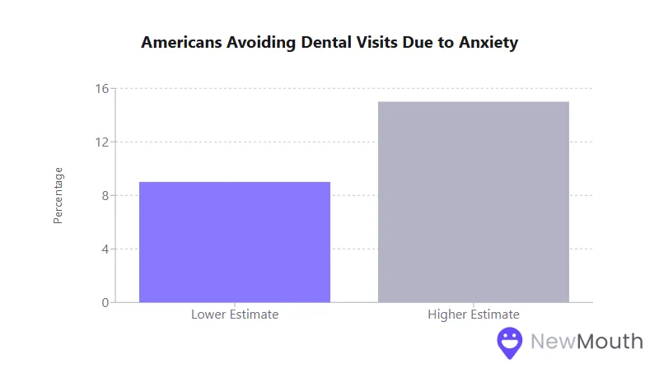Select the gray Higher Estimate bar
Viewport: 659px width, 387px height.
click(474, 202)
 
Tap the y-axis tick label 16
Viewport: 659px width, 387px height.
click(101, 88)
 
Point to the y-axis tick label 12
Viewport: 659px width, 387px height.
click(101, 142)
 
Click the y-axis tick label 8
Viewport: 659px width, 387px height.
click(105, 195)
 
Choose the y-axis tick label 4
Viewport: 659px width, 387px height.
click(105, 249)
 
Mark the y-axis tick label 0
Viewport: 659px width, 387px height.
click(105, 302)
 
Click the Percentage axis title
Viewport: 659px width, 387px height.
click(58, 195)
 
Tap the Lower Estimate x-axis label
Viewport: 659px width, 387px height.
click(235, 315)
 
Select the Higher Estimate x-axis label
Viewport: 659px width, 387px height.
click(474, 315)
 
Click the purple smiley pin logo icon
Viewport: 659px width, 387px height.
click(510, 343)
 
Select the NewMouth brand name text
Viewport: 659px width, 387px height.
click(587, 341)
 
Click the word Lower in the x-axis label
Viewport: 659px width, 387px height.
click(208, 315)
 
